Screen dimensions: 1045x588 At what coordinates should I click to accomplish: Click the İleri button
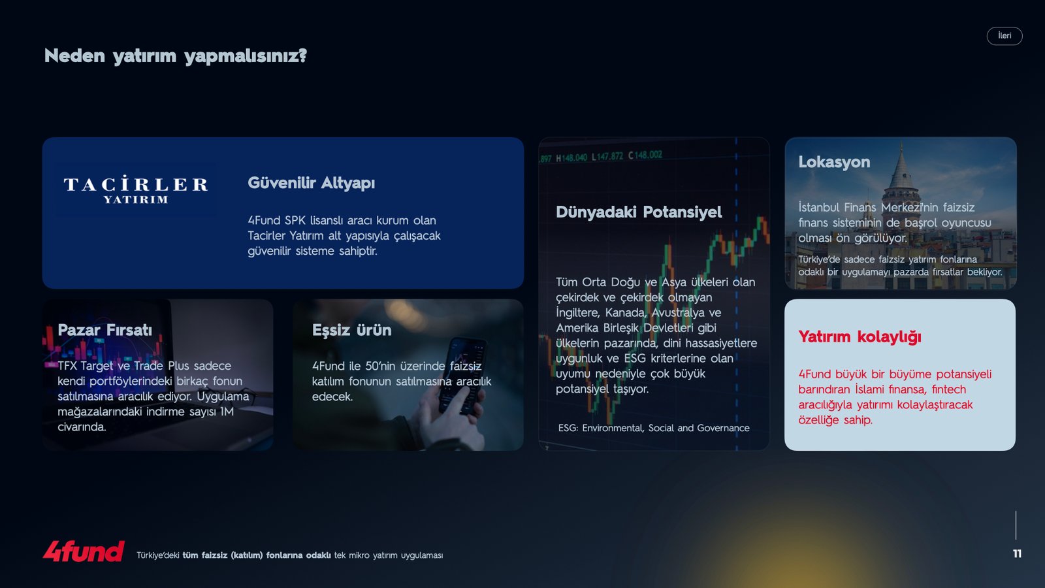1005,36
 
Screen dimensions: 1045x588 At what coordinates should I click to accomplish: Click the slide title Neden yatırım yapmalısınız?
176,56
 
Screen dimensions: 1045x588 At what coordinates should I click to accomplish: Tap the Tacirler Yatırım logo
136,189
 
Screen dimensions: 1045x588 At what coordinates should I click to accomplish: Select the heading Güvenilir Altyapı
311,182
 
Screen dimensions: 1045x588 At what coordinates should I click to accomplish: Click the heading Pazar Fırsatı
105,330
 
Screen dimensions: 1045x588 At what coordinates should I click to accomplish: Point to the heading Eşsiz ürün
352,330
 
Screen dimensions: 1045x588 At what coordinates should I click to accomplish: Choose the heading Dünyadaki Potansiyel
639,212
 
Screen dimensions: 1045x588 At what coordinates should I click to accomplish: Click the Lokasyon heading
834,162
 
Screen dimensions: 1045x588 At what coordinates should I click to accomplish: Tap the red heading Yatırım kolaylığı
860,336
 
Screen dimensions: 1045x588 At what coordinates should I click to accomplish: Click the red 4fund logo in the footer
84,551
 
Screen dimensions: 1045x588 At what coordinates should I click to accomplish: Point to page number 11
1018,553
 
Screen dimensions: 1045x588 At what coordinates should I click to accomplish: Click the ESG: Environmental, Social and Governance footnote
654,428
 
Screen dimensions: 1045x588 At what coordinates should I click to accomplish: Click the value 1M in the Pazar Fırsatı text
227,412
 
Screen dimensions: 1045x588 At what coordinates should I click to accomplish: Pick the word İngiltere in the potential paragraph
577,313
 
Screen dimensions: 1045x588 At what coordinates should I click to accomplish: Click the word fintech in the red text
949,389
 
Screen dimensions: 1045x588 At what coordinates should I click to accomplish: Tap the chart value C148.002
645,155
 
